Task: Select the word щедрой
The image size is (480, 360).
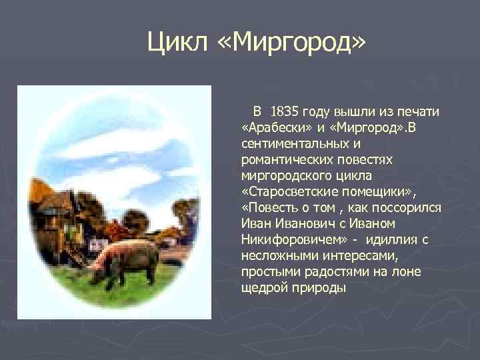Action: coord(261,287)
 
